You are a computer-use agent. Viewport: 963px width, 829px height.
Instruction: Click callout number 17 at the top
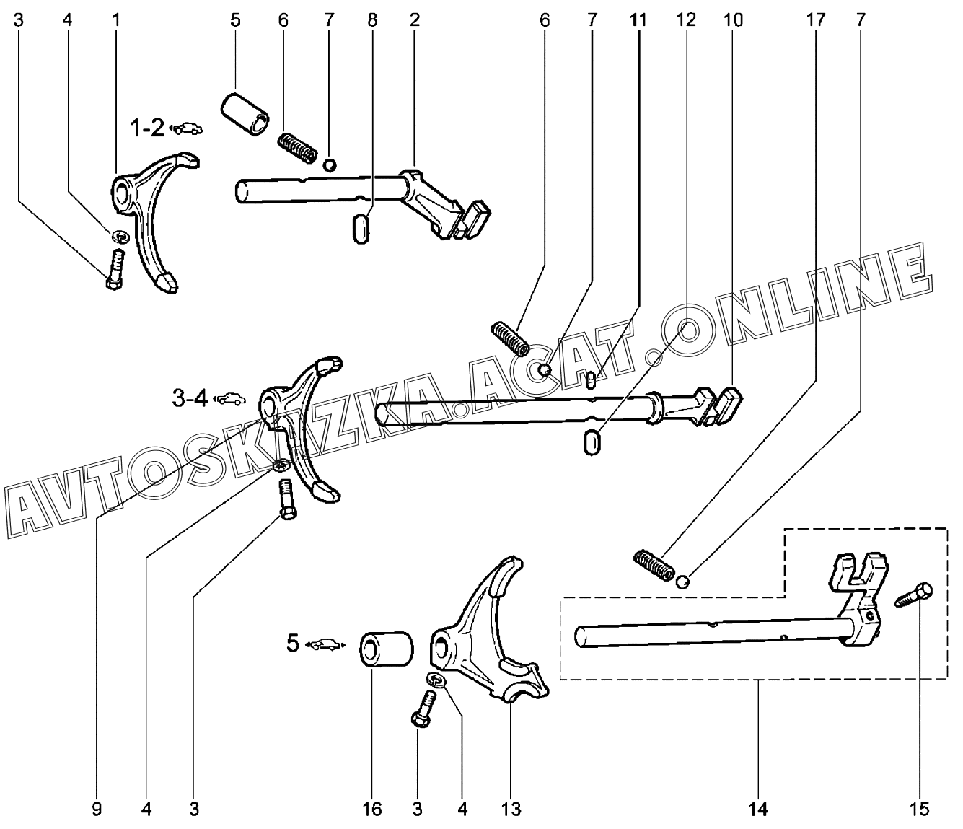pos(815,20)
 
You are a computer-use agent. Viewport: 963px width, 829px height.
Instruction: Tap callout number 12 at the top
pos(686,20)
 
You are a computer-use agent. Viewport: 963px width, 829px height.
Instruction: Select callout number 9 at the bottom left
pos(97,810)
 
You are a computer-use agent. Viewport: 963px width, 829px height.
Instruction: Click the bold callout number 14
pos(758,810)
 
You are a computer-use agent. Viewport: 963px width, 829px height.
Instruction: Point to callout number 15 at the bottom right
pos(919,810)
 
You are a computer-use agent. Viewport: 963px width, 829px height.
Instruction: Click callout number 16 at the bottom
pos(372,810)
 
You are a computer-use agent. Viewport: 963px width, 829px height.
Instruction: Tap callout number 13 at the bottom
pos(511,810)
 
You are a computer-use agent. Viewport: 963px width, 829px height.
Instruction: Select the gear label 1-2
pos(147,128)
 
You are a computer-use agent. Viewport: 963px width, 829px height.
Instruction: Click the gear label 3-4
pos(190,398)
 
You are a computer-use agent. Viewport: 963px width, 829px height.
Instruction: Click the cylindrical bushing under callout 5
pos(245,115)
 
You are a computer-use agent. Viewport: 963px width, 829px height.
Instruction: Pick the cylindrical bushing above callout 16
pos(386,649)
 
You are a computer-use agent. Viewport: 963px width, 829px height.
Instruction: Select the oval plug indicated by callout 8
pos(361,228)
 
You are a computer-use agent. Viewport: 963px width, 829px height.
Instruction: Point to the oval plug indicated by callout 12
pos(592,442)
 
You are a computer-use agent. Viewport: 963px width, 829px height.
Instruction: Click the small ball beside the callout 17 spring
pos(682,582)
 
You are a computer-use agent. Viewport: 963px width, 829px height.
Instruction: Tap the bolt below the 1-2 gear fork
pos(115,269)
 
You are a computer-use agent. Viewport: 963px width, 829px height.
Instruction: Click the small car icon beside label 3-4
pos(229,398)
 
